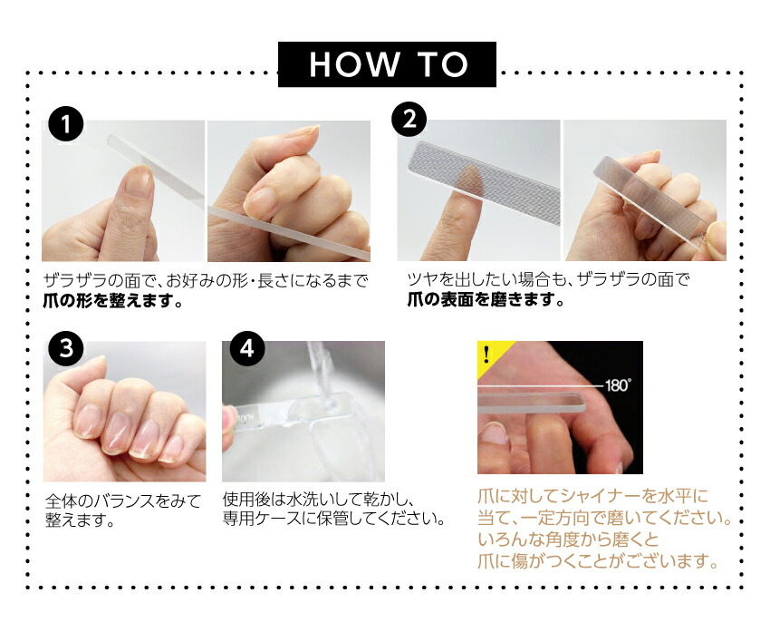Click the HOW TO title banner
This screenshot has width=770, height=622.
pos(387,64)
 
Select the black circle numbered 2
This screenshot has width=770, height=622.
pos(409,120)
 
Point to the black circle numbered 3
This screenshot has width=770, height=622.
pos(66,348)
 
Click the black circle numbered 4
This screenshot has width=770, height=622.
pos(246,348)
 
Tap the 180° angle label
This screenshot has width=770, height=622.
pos(617,385)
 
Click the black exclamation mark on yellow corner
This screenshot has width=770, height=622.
pos(486,354)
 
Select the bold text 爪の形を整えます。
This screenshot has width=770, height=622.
pos(113,300)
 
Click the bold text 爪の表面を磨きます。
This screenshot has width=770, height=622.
pos(486,299)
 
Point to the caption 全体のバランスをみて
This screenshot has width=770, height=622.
pos(123,501)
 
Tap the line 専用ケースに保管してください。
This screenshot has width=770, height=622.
pos(333,519)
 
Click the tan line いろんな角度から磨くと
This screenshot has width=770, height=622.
pos(568,539)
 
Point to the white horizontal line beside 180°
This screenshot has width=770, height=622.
pos(540,387)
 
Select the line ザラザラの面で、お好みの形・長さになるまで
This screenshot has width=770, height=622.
pos(206,281)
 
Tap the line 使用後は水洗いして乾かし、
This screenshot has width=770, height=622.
pos(319,499)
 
